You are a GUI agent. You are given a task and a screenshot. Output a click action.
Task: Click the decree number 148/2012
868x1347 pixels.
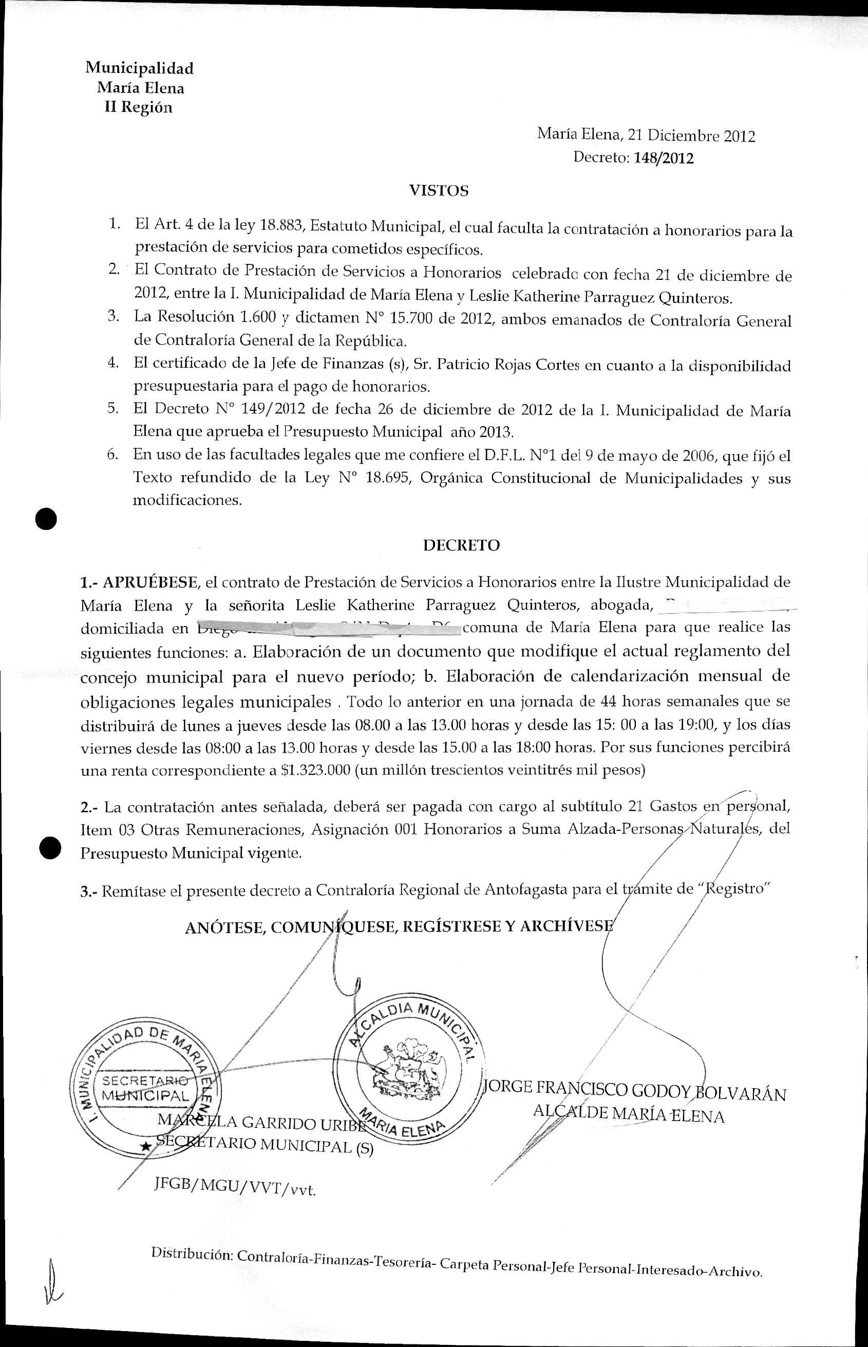pyautogui.click(x=664, y=158)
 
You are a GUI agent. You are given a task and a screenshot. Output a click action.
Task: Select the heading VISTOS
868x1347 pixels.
pyautogui.click(x=439, y=191)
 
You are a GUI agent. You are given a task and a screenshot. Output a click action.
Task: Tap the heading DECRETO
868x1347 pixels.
pyautogui.click(x=461, y=545)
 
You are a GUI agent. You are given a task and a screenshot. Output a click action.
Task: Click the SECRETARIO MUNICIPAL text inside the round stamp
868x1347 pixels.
pyautogui.click(x=145, y=1088)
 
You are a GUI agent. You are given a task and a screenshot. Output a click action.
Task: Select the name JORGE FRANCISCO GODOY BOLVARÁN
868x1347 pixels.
pyautogui.click(x=635, y=1090)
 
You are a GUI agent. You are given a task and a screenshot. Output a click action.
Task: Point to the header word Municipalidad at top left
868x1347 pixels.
pyautogui.click(x=139, y=68)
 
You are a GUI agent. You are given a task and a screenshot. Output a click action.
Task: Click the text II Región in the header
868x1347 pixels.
pyautogui.click(x=139, y=108)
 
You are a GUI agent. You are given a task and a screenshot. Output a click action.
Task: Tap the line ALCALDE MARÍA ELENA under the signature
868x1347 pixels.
pyautogui.click(x=629, y=1114)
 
